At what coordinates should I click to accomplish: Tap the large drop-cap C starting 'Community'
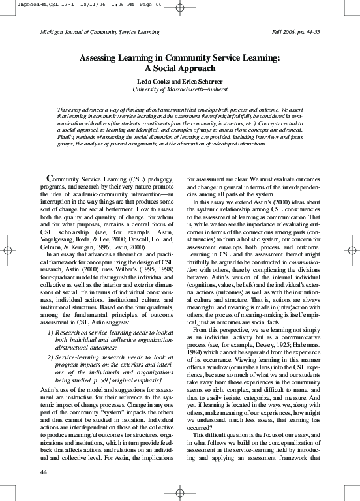point(50,178)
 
